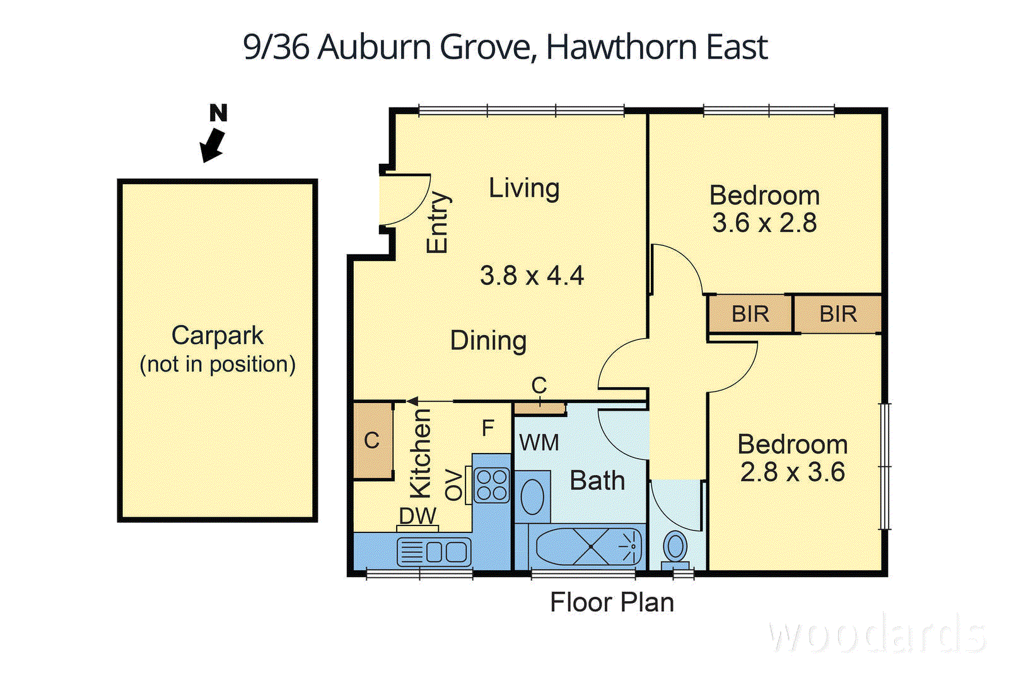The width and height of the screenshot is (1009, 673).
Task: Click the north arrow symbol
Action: point(213,144)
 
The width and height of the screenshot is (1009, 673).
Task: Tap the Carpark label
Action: point(217,336)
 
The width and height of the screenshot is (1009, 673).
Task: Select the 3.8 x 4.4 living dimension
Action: point(532,276)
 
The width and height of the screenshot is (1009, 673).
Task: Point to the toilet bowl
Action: point(675,546)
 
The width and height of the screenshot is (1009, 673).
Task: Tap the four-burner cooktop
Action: point(491,485)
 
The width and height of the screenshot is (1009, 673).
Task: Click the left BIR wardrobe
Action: point(749,313)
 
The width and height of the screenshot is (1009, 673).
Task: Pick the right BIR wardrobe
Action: point(837,313)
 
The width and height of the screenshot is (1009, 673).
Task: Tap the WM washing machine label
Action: point(539,443)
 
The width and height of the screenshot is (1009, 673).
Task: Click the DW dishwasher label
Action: point(417,516)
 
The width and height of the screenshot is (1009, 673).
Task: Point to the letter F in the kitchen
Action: point(487,428)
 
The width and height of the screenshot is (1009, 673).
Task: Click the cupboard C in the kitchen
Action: point(372,440)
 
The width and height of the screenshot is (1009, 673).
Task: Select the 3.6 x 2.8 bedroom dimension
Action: point(764,223)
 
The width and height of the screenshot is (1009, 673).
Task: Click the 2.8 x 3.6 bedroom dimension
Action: point(792,472)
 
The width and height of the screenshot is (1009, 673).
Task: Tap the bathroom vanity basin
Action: point(533,496)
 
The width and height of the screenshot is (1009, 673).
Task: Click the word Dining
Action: point(488,341)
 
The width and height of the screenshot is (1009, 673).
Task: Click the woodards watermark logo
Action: point(877,635)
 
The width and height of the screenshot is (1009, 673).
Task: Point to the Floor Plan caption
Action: point(612,602)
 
